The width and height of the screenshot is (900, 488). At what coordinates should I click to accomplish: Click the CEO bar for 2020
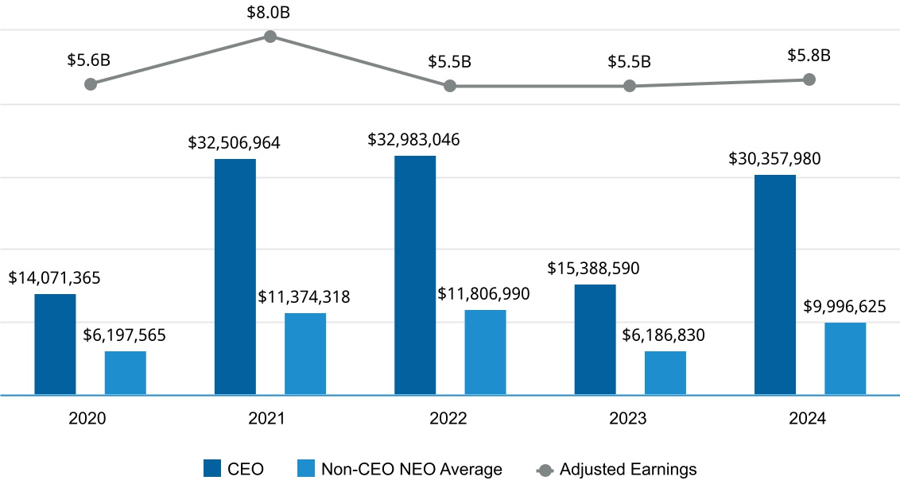point(56,344)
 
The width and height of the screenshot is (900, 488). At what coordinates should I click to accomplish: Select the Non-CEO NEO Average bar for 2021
point(305,354)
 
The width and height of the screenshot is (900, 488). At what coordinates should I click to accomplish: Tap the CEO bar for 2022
point(415,275)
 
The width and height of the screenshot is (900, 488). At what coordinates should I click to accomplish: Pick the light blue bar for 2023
point(665,373)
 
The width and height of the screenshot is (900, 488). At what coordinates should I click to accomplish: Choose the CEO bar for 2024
point(775,285)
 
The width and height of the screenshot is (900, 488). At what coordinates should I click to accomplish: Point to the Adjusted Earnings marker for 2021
point(270,37)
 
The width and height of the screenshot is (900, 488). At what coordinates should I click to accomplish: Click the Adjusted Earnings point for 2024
point(809,79)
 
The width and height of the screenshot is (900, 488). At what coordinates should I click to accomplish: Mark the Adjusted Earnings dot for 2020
point(91,84)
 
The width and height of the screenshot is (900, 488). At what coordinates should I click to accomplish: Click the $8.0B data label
point(270,14)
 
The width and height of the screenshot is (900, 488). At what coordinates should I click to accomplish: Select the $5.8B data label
point(809,56)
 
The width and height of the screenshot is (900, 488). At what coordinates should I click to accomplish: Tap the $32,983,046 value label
point(413,139)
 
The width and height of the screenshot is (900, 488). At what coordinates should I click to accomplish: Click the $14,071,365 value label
point(55,278)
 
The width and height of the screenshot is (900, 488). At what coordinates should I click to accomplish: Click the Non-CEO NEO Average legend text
point(411,469)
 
